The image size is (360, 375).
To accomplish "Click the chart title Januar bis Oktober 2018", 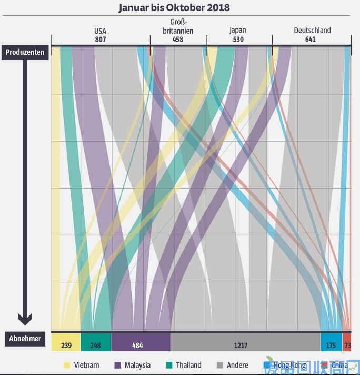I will (174, 8).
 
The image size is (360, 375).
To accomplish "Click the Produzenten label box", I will (25, 52).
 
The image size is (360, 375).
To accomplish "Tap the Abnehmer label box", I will (25, 339).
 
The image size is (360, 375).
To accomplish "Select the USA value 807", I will (100, 40).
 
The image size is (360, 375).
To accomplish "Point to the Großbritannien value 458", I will (178, 40).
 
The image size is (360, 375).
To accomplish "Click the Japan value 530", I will (238, 40).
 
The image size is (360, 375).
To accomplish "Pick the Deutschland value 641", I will (311, 40).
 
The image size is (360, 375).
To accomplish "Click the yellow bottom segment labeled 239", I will (66, 346).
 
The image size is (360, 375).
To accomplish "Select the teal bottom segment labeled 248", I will (95, 346).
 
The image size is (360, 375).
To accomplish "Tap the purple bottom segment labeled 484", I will (137, 346).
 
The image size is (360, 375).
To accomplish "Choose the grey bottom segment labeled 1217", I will (241, 346).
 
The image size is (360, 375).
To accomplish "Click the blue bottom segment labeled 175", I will (331, 346).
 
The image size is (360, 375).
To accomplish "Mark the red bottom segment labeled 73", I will (347, 346).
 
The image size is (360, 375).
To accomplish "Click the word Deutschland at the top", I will (312, 31).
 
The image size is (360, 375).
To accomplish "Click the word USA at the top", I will (100, 31).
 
